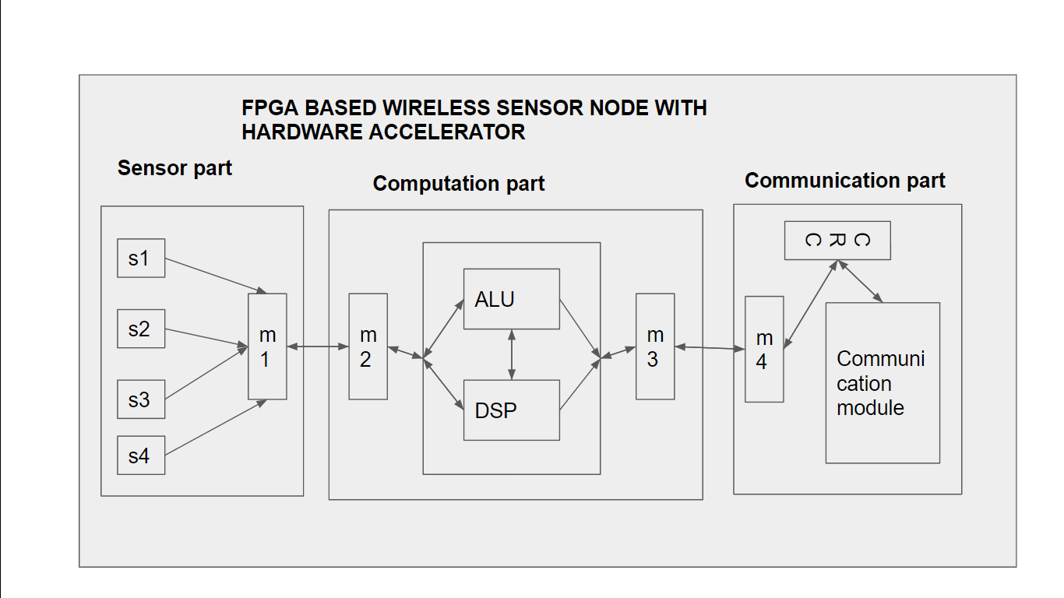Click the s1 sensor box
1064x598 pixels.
click(x=141, y=258)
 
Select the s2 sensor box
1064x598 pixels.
click(x=141, y=329)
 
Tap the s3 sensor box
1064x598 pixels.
click(x=141, y=399)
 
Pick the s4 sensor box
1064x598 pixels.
click(x=141, y=456)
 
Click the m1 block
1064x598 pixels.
click(x=267, y=346)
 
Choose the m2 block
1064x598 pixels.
click(x=368, y=346)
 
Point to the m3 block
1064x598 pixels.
click(x=655, y=346)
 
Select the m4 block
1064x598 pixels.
click(x=764, y=350)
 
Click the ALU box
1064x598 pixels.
click(x=511, y=299)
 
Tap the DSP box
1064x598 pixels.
click(x=511, y=410)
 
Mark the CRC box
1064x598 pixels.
click(x=837, y=241)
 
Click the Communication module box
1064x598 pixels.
click(x=883, y=382)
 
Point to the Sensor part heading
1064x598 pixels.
click(x=174, y=168)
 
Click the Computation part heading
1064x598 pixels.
click(x=458, y=184)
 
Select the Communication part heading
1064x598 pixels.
click(x=844, y=181)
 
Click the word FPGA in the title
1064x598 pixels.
click(x=269, y=107)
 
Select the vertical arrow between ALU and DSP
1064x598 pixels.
click(x=511, y=354)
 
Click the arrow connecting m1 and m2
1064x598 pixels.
click(x=318, y=346)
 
